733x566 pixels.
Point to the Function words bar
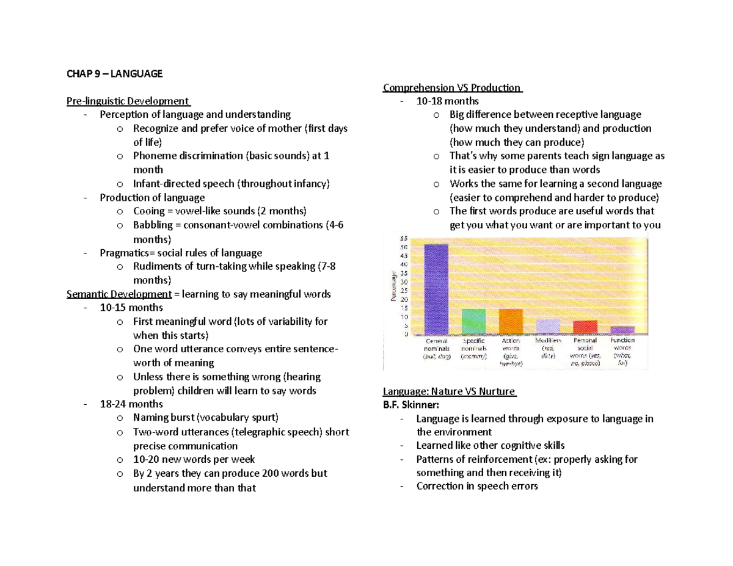622,330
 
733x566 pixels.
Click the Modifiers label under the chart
547,341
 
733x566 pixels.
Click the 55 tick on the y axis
404,238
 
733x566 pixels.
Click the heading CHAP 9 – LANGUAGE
115,73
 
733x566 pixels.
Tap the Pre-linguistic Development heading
128,101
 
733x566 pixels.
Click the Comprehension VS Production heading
452,87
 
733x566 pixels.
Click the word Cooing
149,211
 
